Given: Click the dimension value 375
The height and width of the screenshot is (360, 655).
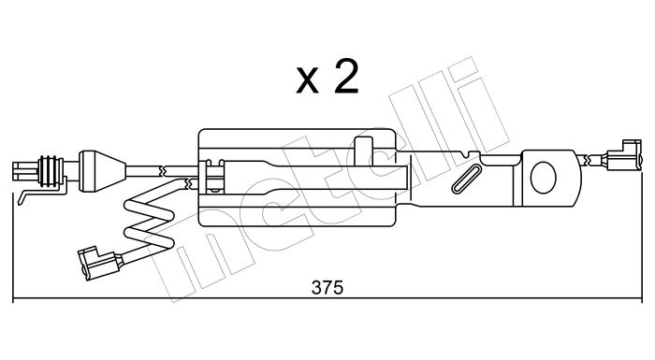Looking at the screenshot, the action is coord(327,288).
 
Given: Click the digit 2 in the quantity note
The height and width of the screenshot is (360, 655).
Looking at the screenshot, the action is coord(346,77).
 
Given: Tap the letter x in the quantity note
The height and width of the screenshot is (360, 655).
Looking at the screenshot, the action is coord(307,80).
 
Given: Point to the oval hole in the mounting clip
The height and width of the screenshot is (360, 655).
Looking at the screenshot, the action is coord(543,178).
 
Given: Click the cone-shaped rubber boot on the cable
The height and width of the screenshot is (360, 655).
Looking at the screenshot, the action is coord(102,171).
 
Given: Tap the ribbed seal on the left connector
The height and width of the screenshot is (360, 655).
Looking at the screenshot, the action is coord(51,170).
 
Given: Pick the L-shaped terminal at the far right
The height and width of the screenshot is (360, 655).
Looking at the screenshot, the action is coord(623,155).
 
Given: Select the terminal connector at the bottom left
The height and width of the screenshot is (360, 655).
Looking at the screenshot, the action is coord(99,262).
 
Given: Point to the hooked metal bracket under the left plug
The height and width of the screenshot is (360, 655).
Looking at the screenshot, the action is coord(41,191).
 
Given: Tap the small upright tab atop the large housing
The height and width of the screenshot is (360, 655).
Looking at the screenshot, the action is coord(363,151).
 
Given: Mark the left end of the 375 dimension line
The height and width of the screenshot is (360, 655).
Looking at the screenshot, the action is coord(13,298).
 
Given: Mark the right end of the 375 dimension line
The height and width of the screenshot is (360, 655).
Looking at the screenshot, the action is coord(642,298).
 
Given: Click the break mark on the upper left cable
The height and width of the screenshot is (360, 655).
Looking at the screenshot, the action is coord(163,170).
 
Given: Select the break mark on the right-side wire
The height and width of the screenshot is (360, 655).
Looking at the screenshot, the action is coord(589,159).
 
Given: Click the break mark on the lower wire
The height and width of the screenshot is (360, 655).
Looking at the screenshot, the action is coord(189,182).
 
